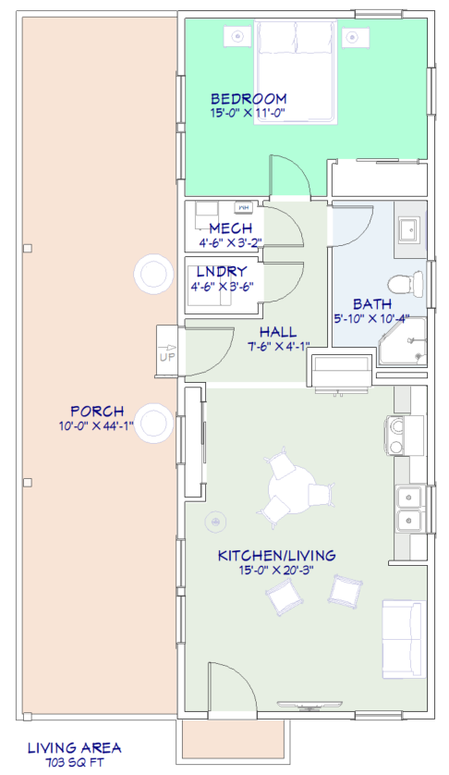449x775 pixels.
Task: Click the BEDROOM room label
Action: tap(249, 99)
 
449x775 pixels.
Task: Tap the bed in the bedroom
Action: tap(296, 71)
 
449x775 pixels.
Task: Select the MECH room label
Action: tap(231, 228)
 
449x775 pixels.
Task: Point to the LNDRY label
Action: tap(222, 271)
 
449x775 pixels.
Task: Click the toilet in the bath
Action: tap(406, 284)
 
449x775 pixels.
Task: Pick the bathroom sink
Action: tap(409, 230)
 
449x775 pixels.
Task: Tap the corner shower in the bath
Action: tap(403, 342)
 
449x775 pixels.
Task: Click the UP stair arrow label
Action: tap(167, 356)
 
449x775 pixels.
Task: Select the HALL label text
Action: tap(278, 332)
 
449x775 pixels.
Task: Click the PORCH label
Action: tap(97, 412)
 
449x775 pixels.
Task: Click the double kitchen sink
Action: tap(410, 508)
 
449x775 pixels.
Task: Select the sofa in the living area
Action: tap(404, 639)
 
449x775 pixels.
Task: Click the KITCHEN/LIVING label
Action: tap(276, 556)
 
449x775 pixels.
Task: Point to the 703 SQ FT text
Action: tap(75, 762)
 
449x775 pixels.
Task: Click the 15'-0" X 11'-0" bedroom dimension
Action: tap(249, 113)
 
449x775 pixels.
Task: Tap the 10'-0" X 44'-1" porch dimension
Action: tap(97, 425)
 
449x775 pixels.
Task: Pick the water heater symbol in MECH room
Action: tap(245, 207)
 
